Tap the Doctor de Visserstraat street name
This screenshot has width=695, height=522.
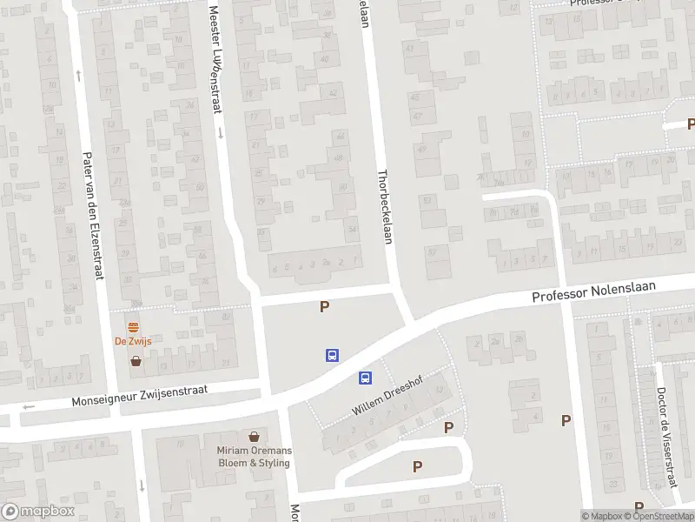pyautogui.click(x=666, y=438)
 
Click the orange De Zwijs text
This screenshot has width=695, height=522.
pyautogui.click(x=133, y=341)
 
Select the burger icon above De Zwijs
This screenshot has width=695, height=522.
pyautogui.click(x=133, y=328)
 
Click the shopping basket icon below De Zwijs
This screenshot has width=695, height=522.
pyautogui.click(x=136, y=360)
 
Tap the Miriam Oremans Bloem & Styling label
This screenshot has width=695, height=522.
pyautogui.click(x=254, y=456)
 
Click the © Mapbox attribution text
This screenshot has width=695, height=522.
pyautogui.click(x=601, y=516)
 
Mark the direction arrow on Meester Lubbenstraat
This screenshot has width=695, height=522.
pyautogui.click(x=221, y=133)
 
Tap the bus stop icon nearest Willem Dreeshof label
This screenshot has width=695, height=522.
pyautogui.click(x=366, y=378)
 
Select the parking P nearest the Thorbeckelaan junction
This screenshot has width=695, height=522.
pyautogui.click(x=325, y=306)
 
